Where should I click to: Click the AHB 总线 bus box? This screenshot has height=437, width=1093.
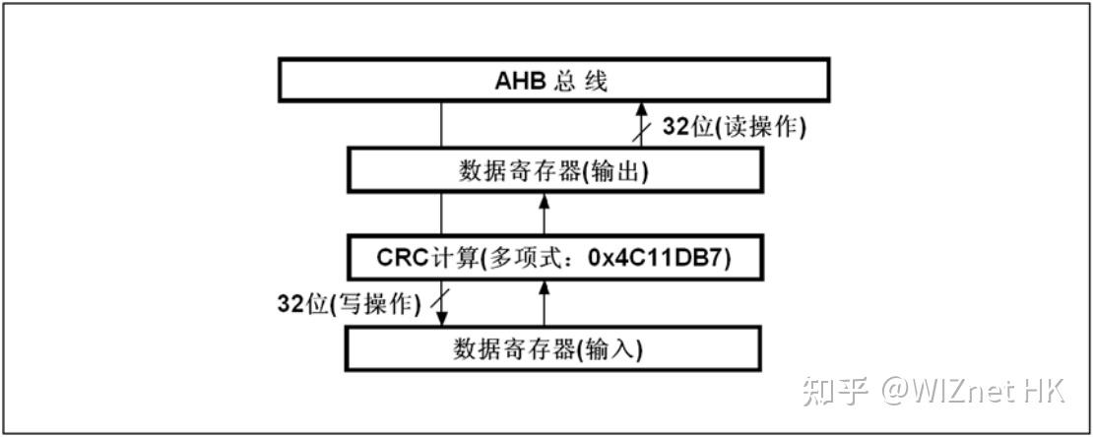pos(551,80)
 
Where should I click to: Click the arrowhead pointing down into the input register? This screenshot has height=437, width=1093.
pos(441,321)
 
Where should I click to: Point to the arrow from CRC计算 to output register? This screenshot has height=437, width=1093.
pos(544,215)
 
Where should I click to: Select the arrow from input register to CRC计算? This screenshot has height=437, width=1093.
pos(544,302)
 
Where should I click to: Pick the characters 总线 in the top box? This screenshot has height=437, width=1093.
pos(582,80)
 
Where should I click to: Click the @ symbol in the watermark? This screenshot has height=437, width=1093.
pos(898,391)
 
